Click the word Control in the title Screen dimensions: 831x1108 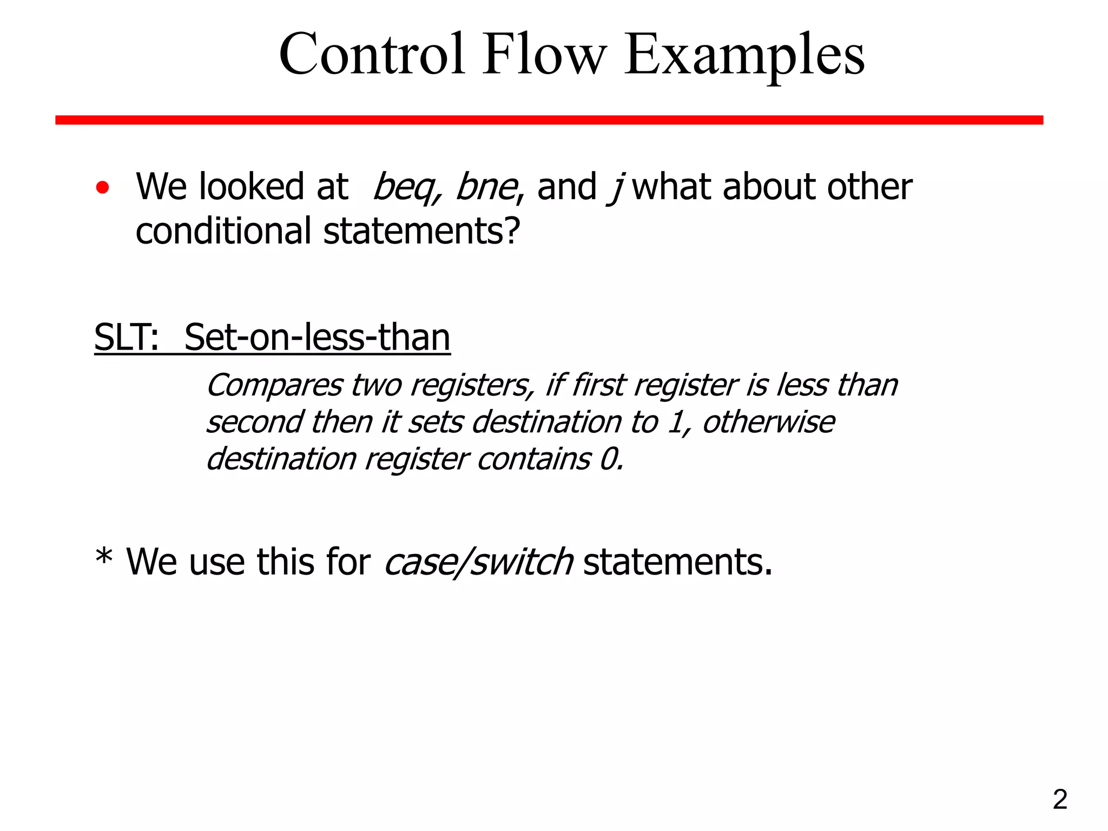(x=372, y=55)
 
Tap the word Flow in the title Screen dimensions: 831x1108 (x=544, y=55)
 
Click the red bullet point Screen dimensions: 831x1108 (x=102, y=188)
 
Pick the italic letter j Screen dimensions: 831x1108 (x=615, y=188)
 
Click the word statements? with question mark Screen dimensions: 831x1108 (x=421, y=232)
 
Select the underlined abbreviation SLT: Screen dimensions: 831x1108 (x=127, y=338)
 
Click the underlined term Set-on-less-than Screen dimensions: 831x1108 (x=317, y=338)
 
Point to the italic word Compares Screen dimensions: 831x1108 (x=274, y=386)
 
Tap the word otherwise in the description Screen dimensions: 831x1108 (x=768, y=422)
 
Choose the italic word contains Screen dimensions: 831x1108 (x=533, y=460)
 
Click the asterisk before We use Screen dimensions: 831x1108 (x=103, y=557)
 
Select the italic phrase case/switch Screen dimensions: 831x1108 (x=478, y=562)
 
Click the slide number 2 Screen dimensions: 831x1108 (x=1060, y=800)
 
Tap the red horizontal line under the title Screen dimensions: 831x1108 (x=549, y=120)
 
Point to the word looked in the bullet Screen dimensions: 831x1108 (x=252, y=187)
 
